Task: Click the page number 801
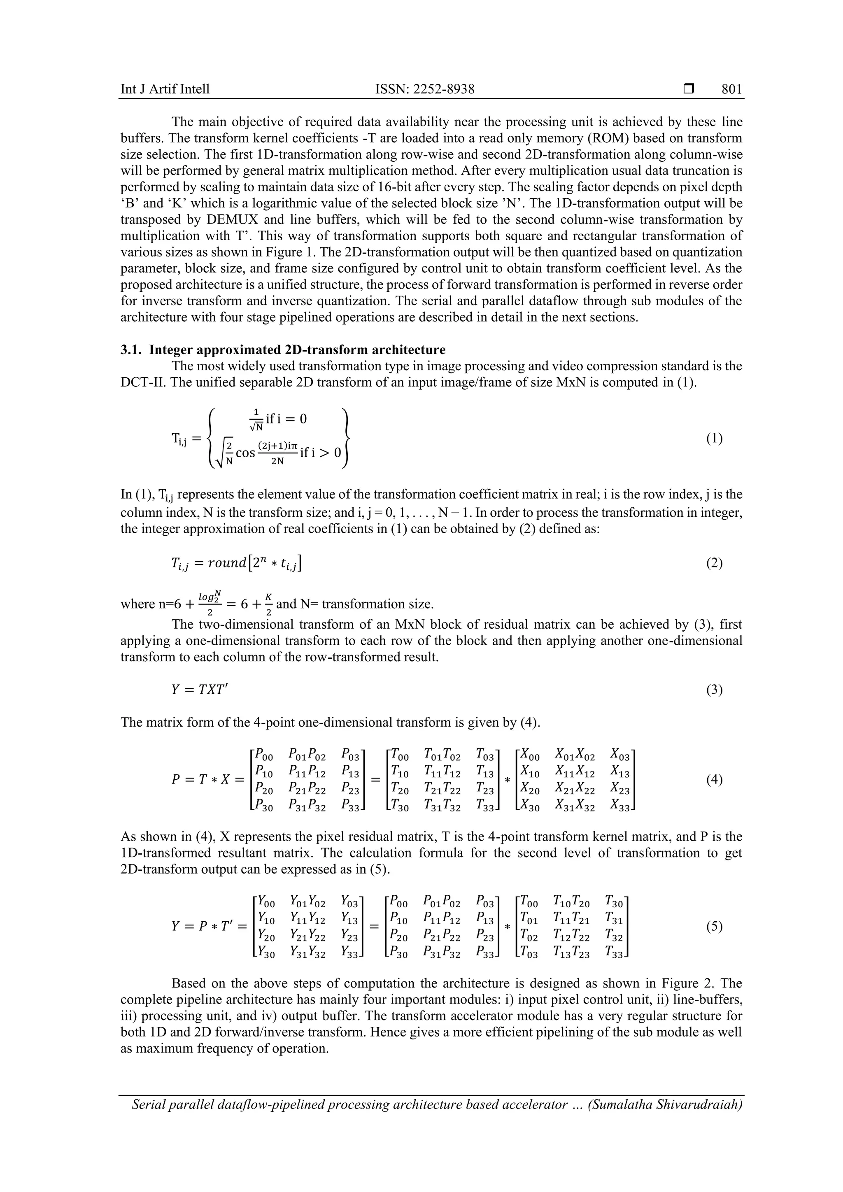tap(731, 89)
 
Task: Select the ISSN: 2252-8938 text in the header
tap(424, 89)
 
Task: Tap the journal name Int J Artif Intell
tap(165, 89)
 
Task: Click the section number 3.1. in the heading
tap(133, 349)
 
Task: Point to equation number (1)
tap(714, 439)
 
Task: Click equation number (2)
tap(714, 563)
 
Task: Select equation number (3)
tap(714, 690)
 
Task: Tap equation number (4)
tap(714, 779)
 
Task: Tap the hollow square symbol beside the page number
tap(689, 89)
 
